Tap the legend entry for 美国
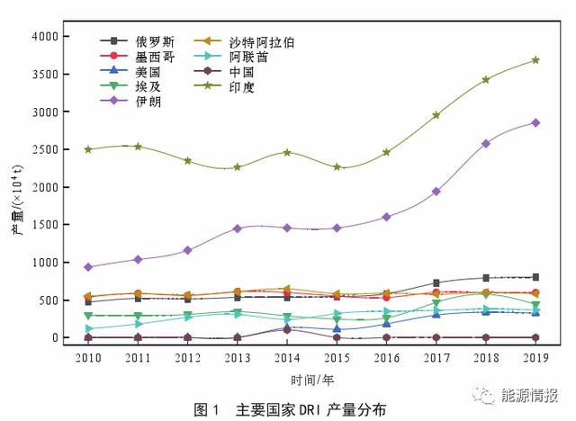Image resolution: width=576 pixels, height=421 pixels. pos(148,71)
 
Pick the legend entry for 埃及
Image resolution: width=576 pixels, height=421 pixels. pos(148,86)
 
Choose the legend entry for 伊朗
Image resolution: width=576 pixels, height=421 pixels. pos(148,101)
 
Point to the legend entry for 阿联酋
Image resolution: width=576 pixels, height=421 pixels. pos(247,57)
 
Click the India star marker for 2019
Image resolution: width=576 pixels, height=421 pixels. pos(535,60)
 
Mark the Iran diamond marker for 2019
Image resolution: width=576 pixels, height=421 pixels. pos(535,122)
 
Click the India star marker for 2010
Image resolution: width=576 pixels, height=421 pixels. pos(88,149)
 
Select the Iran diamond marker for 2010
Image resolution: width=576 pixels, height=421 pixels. pos(88,267)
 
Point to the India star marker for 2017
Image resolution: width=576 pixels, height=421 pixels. pos(436,115)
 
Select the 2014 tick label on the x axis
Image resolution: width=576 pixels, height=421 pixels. pos(287,357)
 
